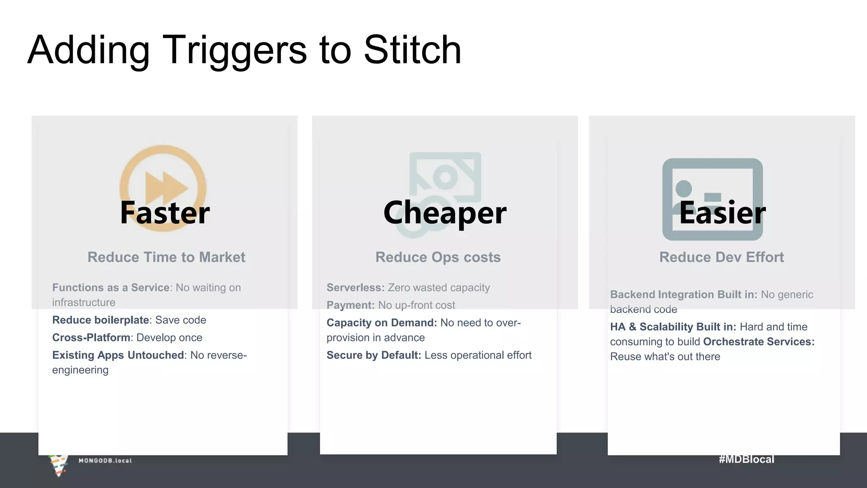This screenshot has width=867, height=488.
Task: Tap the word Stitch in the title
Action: (x=412, y=50)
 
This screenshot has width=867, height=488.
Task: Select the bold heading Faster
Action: (x=165, y=213)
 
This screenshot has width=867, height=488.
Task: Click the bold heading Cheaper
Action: (x=445, y=213)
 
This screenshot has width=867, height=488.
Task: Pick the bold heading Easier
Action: (x=722, y=213)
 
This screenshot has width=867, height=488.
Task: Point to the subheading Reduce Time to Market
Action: (x=166, y=257)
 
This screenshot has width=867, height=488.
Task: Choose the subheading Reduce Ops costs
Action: (x=438, y=257)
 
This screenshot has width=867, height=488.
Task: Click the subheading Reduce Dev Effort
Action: (x=721, y=257)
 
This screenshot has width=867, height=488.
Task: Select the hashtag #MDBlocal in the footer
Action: (x=746, y=459)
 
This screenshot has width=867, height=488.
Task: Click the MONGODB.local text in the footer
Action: (x=105, y=460)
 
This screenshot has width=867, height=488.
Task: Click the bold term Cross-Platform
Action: (x=91, y=338)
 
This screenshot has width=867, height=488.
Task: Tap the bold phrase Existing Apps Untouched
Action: (x=118, y=355)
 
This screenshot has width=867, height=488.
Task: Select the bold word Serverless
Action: (x=355, y=288)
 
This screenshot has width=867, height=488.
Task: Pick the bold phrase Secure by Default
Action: (x=373, y=355)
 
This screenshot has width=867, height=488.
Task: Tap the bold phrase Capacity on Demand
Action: (x=381, y=323)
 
